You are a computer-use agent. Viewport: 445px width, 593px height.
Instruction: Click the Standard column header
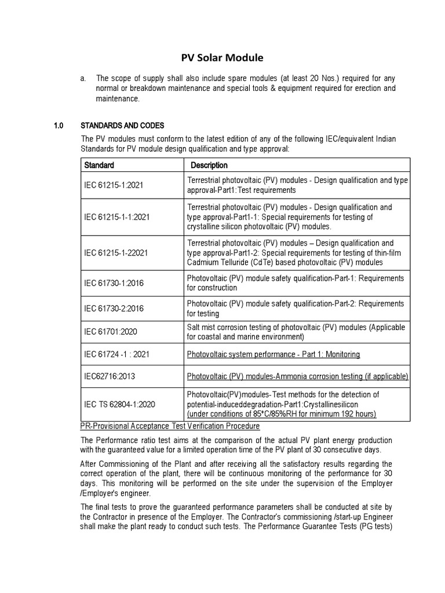pos(99,165)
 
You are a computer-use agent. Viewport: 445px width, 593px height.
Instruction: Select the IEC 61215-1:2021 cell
pos(114,185)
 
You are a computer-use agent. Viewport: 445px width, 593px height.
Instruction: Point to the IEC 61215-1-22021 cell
pos(117,253)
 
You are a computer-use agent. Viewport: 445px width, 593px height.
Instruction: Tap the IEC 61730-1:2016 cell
pos(114,283)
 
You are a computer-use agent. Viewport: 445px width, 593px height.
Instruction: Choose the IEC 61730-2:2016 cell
pos(114,309)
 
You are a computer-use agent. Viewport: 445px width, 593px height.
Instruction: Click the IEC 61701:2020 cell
pos(110,332)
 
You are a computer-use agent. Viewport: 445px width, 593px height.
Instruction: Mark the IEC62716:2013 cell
pos(109,376)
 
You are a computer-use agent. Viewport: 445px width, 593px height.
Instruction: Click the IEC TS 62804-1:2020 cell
pos(119,404)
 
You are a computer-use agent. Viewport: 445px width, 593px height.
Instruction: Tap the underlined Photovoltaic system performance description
pos(273,354)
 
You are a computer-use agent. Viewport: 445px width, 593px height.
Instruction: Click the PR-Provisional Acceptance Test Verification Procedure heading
pos(169,426)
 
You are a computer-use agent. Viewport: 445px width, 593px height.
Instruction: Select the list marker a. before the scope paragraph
pos(84,78)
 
